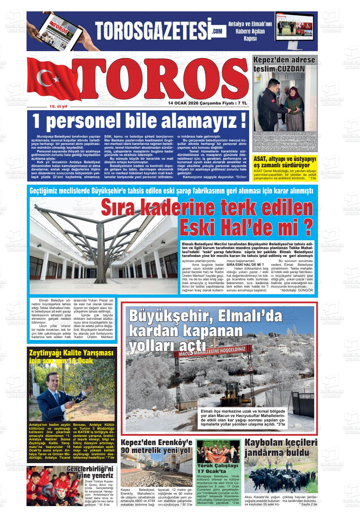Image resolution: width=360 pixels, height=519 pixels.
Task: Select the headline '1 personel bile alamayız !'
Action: [139, 121]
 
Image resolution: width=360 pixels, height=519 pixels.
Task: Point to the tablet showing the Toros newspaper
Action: [58, 32]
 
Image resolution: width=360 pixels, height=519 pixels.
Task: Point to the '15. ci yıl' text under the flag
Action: [58, 107]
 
